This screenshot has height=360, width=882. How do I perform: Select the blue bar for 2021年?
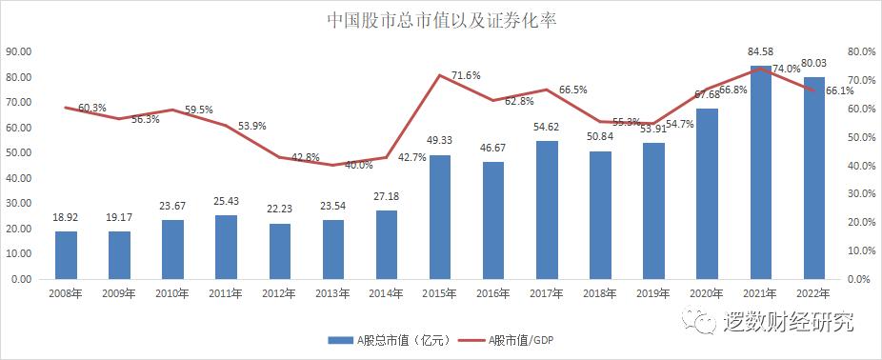[x=760, y=172]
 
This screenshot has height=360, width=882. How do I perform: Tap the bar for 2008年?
[x=66, y=255]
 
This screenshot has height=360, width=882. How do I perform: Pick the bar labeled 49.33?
[x=440, y=217]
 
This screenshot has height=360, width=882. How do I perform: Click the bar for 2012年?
[x=279, y=251]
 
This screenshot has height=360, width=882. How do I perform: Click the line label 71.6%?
[x=466, y=75]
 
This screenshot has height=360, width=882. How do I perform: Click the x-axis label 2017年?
[x=546, y=293]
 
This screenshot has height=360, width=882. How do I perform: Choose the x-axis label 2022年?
[x=812, y=293]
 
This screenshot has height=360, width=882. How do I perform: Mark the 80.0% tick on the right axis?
[x=860, y=51]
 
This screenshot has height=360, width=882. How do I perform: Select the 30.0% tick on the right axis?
[x=860, y=194]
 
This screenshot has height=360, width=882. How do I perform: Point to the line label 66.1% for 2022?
[x=839, y=91]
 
